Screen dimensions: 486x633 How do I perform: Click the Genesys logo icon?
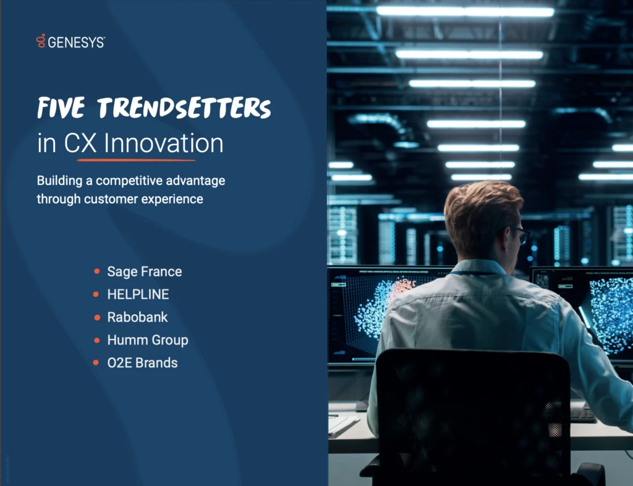tap(41, 41)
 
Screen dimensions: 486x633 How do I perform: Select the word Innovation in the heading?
tap(163, 143)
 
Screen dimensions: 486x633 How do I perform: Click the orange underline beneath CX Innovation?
tap(136, 160)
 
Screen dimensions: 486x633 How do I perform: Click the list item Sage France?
tap(145, 271)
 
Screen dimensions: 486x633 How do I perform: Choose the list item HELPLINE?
tap(138, 294)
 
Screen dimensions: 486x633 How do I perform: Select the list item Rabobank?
tap(137, 317)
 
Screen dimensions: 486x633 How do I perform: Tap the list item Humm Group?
tap(148, 340)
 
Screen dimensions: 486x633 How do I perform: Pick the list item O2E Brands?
tap(142, 363)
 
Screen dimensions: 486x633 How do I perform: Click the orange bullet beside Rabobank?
tap(97, 317)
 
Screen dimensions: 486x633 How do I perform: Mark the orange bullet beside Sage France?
tap(97, 271)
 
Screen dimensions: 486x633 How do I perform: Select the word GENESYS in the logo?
tap(76, 42)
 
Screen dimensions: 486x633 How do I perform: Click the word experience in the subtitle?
tap(174, 199)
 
